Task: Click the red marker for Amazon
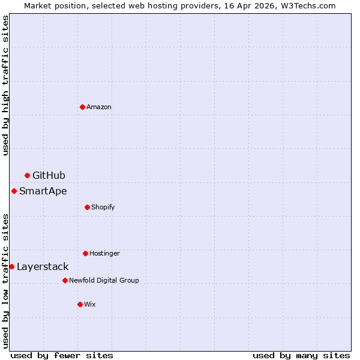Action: [82, 107]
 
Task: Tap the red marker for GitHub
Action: [27, 175]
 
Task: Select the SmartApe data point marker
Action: [14, 191]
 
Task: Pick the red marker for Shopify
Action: [87, 207]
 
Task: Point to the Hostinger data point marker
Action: [85, 253]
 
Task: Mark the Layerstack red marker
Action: [11, 266]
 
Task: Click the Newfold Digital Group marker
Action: [65, 280]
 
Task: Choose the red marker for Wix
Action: [80, 304]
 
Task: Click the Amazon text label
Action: [99, 107]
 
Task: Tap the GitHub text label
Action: [49, 175]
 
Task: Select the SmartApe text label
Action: [43, 191]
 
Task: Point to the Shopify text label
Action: [103, 207]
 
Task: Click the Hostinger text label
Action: [105, 253]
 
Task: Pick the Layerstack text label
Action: [43, 266]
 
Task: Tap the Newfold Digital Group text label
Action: [104, 280]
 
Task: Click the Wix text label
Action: [90, 304]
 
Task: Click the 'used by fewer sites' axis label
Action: [62, 355]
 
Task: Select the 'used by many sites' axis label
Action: [301, 355]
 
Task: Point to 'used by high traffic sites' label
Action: [5, 85]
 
